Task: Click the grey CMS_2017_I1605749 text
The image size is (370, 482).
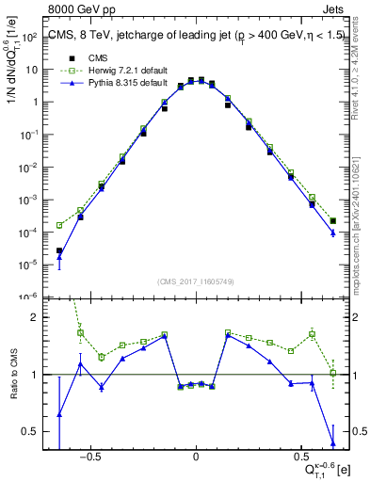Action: [x=196, y=281]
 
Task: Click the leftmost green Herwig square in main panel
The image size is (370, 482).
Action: [x=59, y=225]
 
